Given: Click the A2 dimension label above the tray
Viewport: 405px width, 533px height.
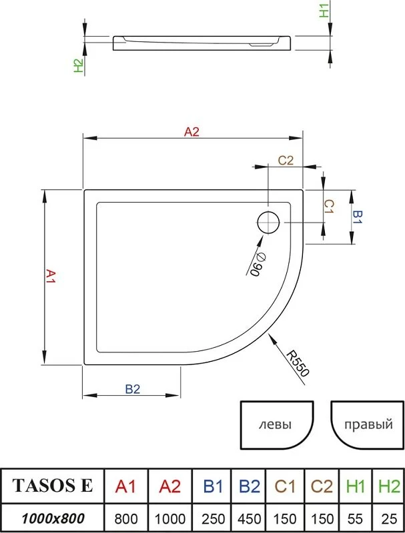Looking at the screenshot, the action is pos(191,131).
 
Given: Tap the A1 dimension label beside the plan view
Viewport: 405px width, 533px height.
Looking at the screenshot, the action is pos(51,276).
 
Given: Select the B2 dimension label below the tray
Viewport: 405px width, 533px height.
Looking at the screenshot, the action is pos(132,389).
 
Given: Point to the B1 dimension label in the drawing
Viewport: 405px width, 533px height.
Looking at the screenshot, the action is pos(358,217).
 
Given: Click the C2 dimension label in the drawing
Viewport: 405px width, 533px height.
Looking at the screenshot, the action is pos(286,160).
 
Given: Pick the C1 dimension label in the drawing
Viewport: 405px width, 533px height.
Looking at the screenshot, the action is pos(329,207).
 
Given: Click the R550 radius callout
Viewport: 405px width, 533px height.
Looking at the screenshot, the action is pos(298,363).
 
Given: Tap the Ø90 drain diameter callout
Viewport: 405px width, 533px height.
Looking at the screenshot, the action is pos(256,265).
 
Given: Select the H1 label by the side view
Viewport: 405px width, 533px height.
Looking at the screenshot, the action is pos(324,11).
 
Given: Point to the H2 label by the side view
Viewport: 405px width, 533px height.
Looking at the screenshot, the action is pos(79,65).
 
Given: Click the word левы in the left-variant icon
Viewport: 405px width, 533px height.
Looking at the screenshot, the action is pos(275,424).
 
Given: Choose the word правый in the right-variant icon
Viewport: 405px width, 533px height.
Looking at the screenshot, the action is pos(368,424).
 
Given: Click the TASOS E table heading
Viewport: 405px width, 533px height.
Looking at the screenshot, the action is pos(53,486).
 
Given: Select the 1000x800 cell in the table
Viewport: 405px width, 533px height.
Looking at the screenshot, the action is pos(53,518).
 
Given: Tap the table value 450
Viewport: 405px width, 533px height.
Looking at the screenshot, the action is pos(250,519).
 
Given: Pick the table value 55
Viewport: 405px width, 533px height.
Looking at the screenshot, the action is pos(356,519).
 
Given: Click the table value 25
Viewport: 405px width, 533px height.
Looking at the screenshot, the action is pos(389,519).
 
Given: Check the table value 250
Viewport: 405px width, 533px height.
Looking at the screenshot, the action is pos(213,519).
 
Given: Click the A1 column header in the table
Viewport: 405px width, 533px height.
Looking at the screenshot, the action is pos(125,487).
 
